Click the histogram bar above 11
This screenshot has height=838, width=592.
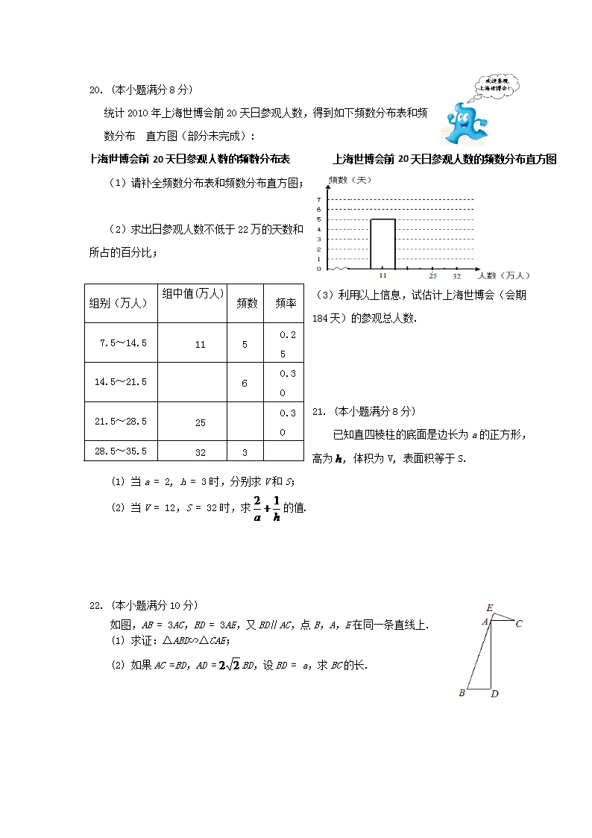coord(382,243)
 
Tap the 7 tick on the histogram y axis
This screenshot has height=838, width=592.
coord(318,199)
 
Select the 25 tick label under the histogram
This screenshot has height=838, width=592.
coord(432,275)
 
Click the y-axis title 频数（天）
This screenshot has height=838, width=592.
coord(349,181)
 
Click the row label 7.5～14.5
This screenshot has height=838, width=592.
coord(122,343)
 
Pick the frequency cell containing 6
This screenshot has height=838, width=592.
coord(245,383)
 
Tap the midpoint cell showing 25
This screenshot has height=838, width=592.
coord(200,422)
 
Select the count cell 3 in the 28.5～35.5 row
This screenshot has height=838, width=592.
coord(245,452)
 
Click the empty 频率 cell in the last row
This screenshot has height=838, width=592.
coord(283,451)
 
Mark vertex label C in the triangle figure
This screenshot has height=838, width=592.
coord(519,623)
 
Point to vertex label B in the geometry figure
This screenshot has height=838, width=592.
coord(462,693)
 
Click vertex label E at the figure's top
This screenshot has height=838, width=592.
coord(489,607)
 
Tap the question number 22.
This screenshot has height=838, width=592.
coord(95,605)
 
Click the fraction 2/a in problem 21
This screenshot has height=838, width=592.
coord(256,507)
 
